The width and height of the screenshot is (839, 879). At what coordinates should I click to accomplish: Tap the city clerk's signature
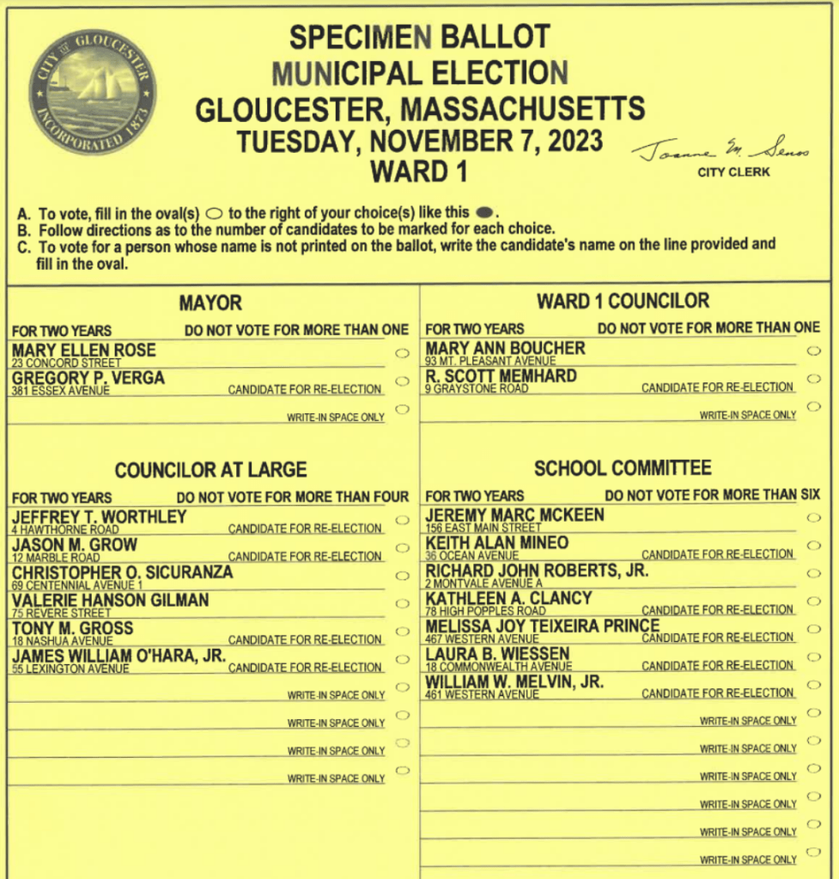point(720,152)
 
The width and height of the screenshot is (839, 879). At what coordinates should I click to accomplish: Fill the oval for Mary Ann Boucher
point(813,351)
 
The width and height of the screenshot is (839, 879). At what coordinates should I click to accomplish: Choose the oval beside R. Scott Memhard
point(813,378)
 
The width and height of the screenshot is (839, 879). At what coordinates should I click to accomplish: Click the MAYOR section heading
point(210,303)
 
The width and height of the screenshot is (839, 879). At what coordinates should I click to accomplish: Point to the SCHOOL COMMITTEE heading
point(623,468)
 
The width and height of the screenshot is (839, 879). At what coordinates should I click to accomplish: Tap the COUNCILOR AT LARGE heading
point(210,470)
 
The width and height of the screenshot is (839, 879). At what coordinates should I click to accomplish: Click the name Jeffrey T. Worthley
point(100,516)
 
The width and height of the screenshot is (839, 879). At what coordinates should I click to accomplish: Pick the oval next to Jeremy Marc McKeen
point(813,517)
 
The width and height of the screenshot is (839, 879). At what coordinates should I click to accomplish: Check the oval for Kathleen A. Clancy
point(813,601)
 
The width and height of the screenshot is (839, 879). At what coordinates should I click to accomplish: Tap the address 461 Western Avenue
point(482,694)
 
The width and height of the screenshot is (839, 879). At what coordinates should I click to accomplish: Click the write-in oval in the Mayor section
point(401,409)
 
